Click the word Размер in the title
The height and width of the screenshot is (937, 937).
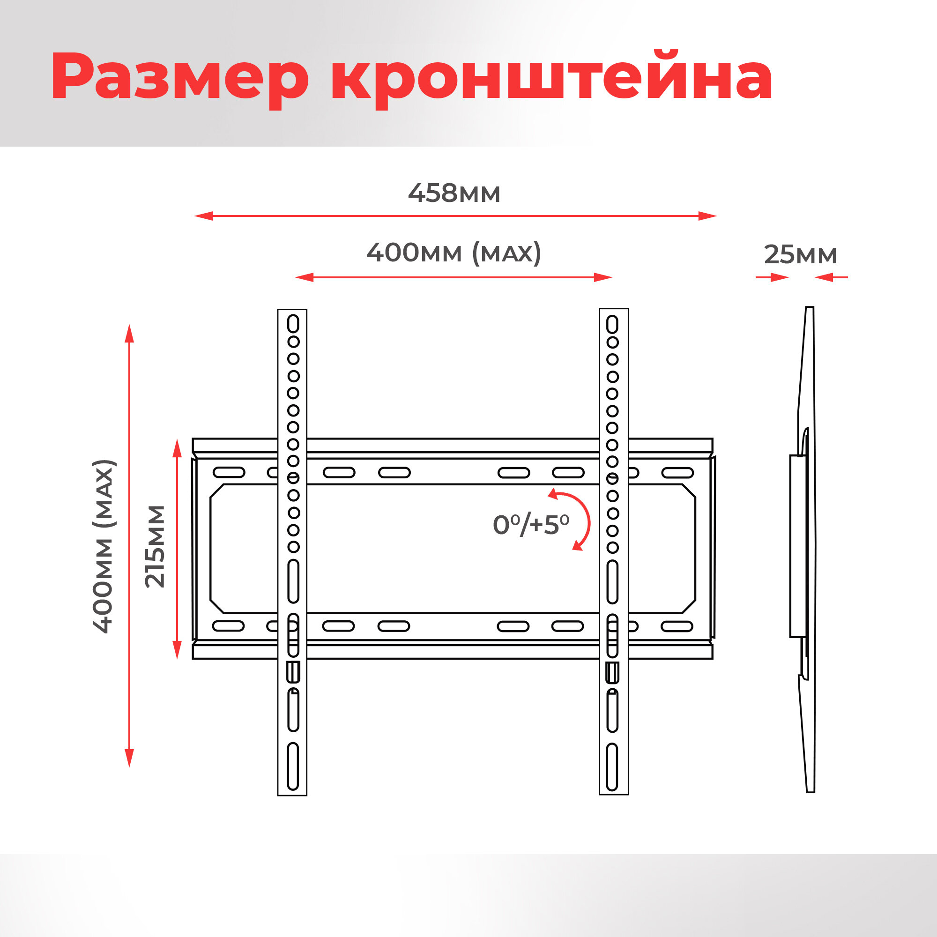coord(179,78)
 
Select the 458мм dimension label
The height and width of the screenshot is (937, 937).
coord(454,193)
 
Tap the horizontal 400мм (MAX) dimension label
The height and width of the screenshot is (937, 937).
coord(454,253)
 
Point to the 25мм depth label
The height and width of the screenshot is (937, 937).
coord(800,254)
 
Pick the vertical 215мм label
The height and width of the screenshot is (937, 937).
coord(156,547)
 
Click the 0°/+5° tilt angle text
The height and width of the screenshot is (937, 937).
coord(531,524)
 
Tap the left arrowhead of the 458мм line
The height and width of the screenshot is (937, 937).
coord(204,216)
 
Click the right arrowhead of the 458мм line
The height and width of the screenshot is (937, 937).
coord(707,216)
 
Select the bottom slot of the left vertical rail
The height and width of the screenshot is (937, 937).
coord(293,766)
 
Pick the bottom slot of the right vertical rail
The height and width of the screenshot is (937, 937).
coord(612,767)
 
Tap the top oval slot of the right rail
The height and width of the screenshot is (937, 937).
coord(612,324)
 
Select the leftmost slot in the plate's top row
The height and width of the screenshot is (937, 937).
coord(229,472)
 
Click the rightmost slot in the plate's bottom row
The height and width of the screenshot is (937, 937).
coord(677,626)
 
